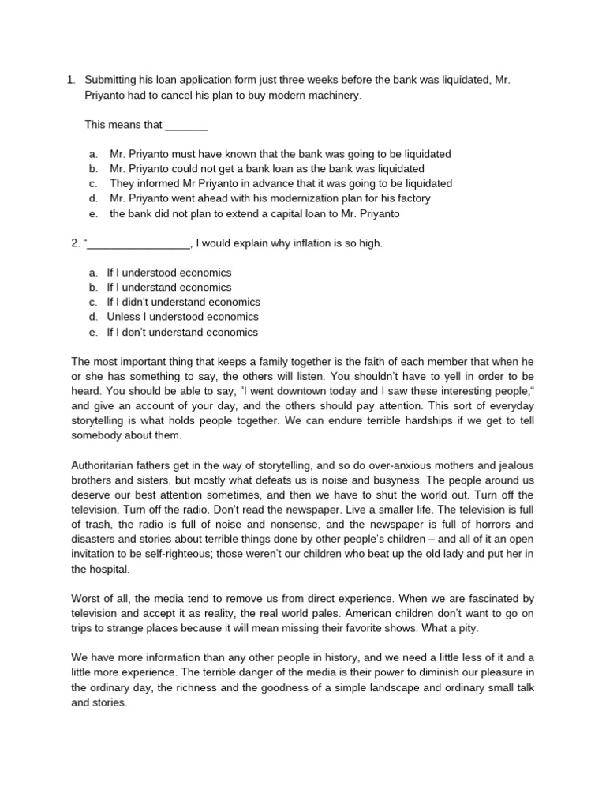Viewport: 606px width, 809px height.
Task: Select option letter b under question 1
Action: coord(93,168)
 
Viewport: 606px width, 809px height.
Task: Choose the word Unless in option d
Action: coord(122,318)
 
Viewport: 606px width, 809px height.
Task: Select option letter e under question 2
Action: coord(93,333)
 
